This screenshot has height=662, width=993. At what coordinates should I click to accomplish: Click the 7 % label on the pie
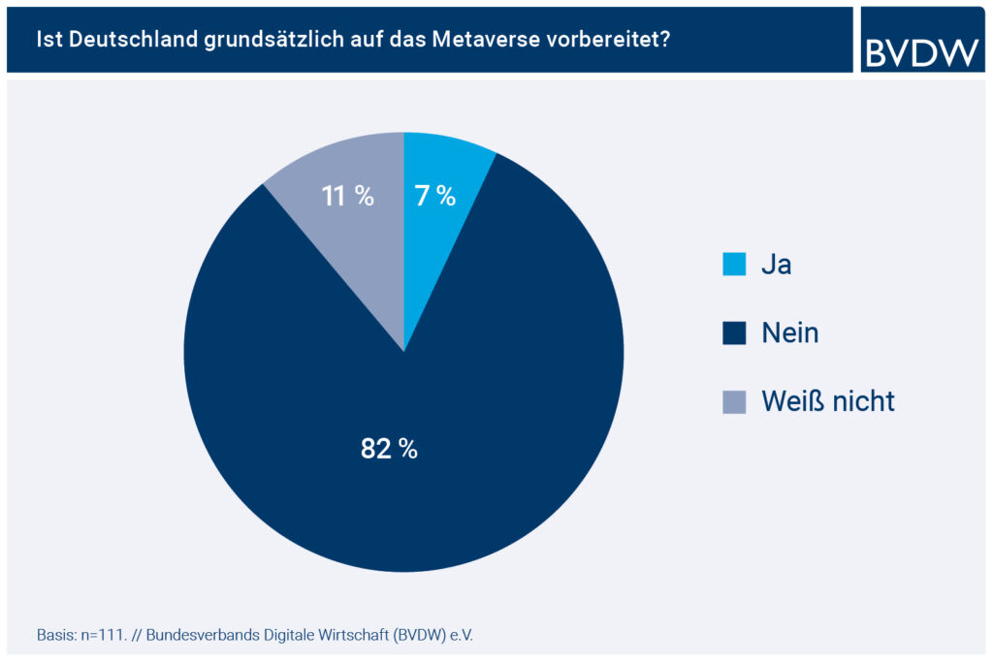pyautogui.click(x=435, y=196)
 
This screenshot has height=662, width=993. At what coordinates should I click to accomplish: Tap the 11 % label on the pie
pyautogui.click(x=347, y=196)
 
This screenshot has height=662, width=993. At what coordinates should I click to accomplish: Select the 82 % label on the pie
pyautogui.click(x=389, y=449)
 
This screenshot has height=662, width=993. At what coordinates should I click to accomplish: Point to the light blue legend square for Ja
pyautogui.click(x=734, y=265)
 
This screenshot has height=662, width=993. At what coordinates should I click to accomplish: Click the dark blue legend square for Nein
pyautogui.click(x=734, y=333)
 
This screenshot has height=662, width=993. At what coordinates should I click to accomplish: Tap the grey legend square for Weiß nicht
pyautogui.click(x=734, y=401)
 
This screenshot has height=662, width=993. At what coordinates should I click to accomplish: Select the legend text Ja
pyautogui.click(x=776, y=265)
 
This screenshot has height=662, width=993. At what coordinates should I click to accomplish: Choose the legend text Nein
pyautogui.click(x=789, y=333)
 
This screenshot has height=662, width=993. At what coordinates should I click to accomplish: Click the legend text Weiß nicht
pyautogui.click(x=827, y=401)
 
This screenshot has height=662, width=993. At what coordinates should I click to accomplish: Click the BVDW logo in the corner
pyautogui.click(x=921, y=40)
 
